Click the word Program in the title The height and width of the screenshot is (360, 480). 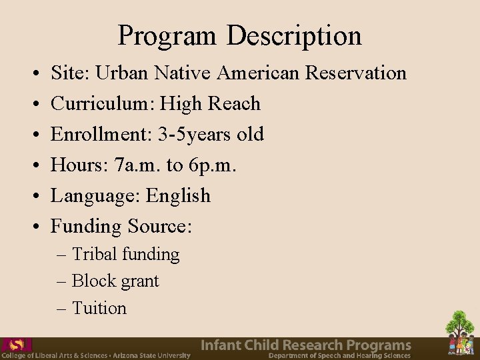coord(167,35)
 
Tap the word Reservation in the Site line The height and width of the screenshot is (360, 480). coord(355,72)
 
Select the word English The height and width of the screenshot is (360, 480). coord(178,195)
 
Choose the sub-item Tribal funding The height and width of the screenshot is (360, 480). coord(125,254)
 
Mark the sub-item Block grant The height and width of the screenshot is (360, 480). coord(115,281)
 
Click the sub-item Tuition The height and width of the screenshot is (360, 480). coord(99,308)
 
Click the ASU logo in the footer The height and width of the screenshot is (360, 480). coord(16,345)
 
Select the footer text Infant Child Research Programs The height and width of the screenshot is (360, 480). coord(306,345)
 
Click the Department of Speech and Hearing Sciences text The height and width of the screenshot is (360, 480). coord(339,355)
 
